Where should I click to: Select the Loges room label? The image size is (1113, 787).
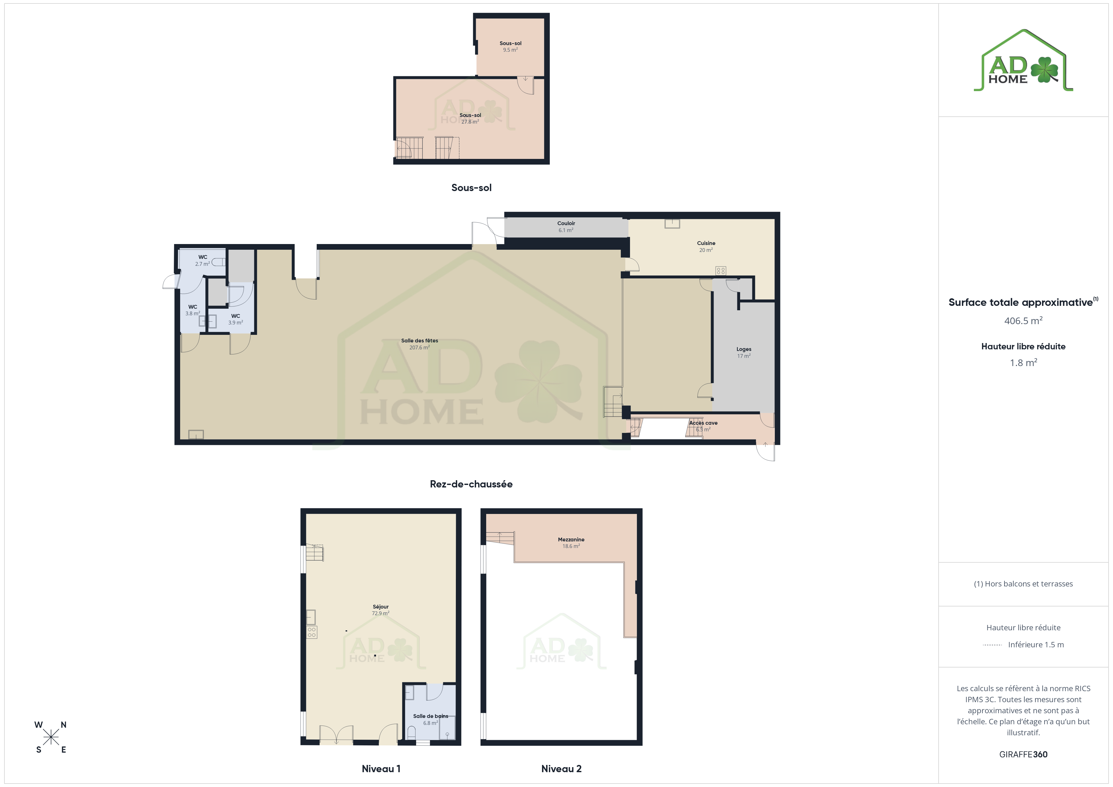click(x=744, y=349)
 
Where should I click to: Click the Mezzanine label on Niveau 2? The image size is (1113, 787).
click(x=571, y=539)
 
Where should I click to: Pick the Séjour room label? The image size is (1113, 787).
click(x=380, y=607)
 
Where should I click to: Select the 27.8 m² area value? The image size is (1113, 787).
click(x=470, y=122)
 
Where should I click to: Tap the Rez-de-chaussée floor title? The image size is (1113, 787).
click(x=471, y=484)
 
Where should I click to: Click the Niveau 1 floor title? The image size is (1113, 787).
click(x=381, y=769)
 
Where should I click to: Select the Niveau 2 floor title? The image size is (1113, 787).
click(x=561, y=769)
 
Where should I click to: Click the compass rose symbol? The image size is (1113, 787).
click(x=50, y=737)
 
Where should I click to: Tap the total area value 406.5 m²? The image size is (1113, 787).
click(x=1023, y=321)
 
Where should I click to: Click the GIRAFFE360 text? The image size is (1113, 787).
click(x=1023, y=755)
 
